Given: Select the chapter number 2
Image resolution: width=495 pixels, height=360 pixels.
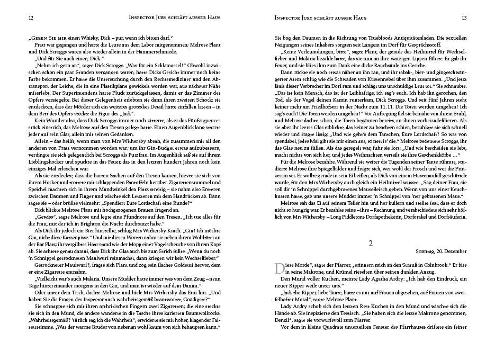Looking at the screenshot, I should (371, 244).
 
